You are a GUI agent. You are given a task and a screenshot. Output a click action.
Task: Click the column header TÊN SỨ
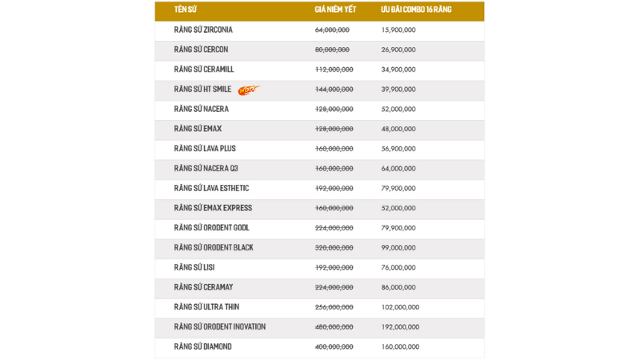click(x=186, y=10)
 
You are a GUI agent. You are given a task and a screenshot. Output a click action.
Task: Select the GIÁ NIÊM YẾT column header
click(x=335, y=10)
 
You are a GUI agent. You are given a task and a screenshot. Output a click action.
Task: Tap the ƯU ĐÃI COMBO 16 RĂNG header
click(x=416, y=10)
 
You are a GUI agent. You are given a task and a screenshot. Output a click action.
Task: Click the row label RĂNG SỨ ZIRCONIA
click(x=203, y=30)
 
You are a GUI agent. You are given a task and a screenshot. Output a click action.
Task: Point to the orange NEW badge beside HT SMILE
click(x=248, y=90)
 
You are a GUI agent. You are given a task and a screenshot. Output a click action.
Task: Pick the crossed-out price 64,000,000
click(x=332, y=30)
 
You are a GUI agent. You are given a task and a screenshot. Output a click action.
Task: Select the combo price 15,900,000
click(x=398, y=30)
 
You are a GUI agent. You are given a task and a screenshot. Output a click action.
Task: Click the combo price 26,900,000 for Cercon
click(x=398, y=50)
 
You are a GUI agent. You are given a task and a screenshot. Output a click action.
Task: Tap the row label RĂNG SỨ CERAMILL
click(x=204, y=70)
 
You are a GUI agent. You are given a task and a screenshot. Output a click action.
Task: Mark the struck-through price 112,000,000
click(x=334, y=70)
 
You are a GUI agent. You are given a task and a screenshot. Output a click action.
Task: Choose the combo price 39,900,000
click(x=398, y=90)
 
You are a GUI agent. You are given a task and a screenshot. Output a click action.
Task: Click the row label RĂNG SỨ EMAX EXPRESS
click(x=213, y=208)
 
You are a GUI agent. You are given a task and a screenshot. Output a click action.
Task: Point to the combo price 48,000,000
click(x=398, y=129)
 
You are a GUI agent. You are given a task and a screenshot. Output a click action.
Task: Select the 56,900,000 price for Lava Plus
click(x=398, y=149)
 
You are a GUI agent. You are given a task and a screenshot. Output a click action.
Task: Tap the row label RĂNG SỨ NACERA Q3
click(x=206, y=169)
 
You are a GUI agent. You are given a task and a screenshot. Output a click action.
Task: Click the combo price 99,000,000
click(x=398, y=248)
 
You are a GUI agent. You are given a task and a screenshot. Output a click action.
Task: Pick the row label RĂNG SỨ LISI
click(x=194, y=267)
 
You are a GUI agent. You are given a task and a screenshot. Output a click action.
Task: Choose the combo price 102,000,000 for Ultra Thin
click(x=400, y=307)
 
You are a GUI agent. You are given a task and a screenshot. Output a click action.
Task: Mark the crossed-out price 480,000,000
click(x=334, y=327)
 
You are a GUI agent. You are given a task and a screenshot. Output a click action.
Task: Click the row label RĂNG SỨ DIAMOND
click(x=203, y=346)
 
